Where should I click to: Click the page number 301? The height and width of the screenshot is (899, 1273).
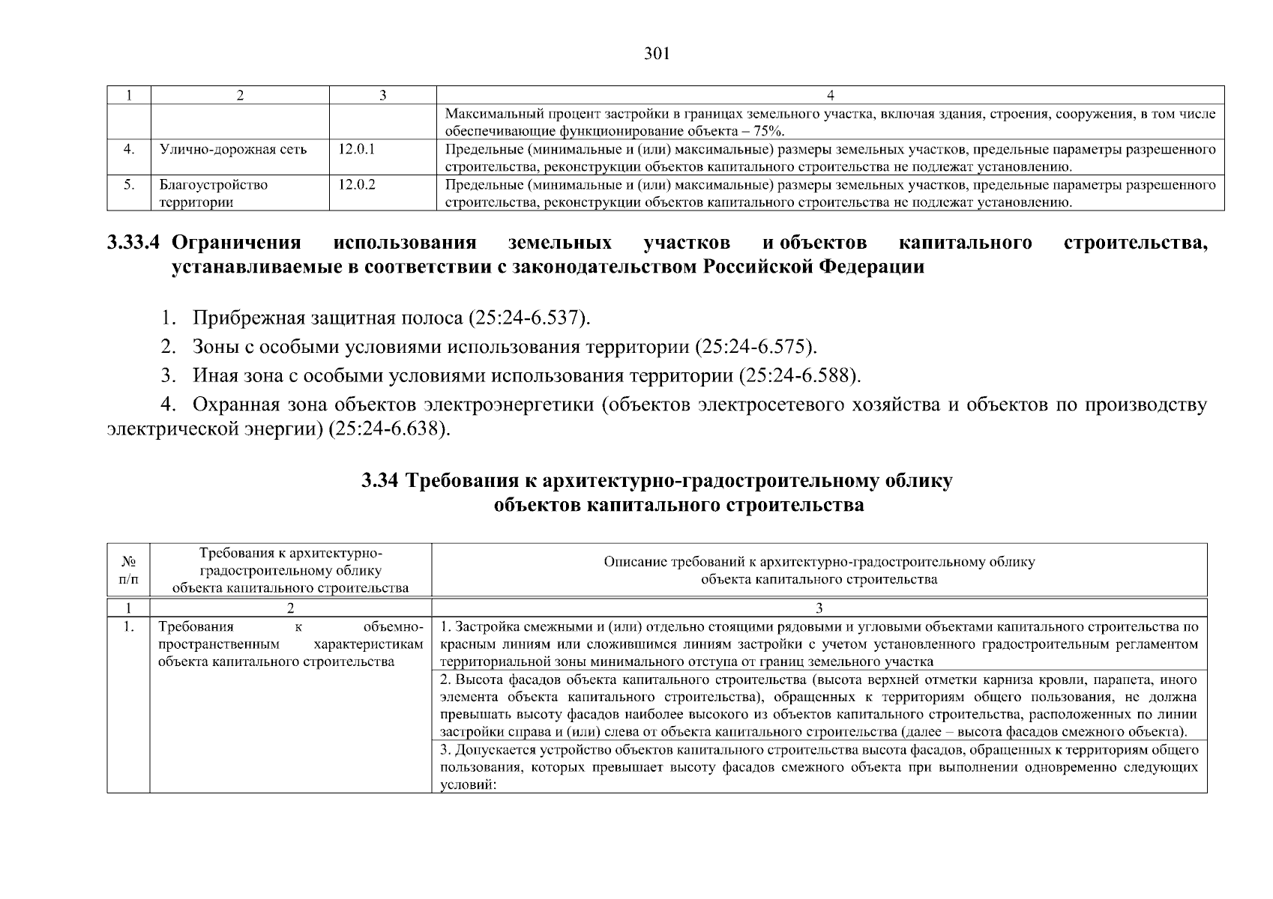coord(656,54)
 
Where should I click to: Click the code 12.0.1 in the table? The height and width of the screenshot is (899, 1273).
coord(356,149)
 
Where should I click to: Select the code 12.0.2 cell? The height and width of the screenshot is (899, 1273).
coord(356,184)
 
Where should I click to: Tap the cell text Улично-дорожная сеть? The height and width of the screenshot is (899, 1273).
coord(233,149)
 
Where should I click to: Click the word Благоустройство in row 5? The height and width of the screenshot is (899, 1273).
coord(213,184)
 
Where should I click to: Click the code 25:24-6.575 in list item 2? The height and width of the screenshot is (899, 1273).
coord(754,348)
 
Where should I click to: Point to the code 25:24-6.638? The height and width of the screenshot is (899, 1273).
coord(389,430)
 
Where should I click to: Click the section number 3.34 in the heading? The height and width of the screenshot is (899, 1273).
coord(380,481)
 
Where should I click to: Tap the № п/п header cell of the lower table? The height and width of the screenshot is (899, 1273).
coord(128,570)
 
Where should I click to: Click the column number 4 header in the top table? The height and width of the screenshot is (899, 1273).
coord(830,95)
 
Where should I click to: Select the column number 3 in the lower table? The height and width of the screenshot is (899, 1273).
coord(819,608)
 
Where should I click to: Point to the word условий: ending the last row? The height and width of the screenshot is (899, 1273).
coord(465,784)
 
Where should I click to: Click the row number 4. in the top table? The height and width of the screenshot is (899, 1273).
coord(129,149)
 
